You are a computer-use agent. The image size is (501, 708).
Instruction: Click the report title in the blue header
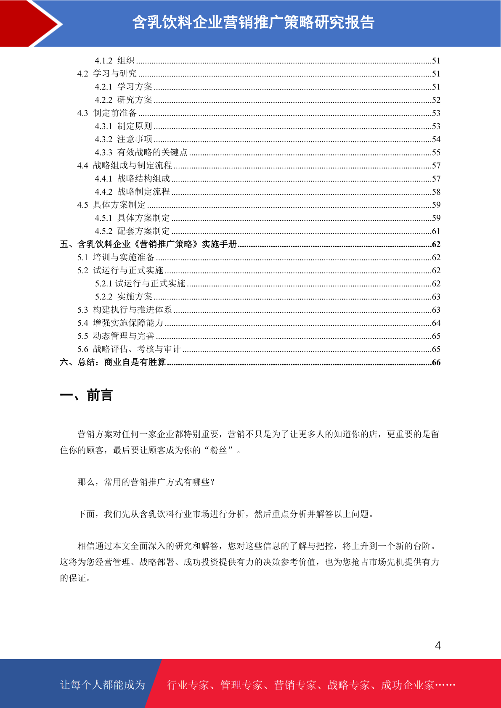253,22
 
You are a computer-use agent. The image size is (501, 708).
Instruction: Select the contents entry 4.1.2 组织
114,61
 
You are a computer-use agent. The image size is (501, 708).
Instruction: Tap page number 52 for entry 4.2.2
436,100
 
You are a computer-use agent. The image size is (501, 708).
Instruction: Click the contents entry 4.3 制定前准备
107,113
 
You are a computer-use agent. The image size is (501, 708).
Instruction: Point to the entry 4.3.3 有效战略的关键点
141,152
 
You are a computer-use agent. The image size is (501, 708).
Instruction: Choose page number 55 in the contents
436,153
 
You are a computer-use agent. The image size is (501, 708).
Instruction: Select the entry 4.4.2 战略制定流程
132,192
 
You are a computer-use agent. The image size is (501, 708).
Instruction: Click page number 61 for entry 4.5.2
436,231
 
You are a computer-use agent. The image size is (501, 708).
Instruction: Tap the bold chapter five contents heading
148,244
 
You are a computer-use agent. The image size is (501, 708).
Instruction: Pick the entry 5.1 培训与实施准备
116,257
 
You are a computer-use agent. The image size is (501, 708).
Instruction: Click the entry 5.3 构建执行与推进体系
125,310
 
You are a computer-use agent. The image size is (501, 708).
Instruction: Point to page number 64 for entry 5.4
436,323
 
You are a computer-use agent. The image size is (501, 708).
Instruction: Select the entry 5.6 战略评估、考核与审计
129,349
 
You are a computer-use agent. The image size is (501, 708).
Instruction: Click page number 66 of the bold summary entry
436,362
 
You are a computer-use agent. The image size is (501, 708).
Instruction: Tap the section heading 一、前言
86,395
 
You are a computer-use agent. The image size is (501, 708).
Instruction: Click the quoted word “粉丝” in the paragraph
219,450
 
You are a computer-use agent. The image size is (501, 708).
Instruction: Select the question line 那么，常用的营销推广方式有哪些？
146,482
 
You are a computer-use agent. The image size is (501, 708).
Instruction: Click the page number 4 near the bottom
437,645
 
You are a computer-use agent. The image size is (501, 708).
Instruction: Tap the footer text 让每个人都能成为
103,685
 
